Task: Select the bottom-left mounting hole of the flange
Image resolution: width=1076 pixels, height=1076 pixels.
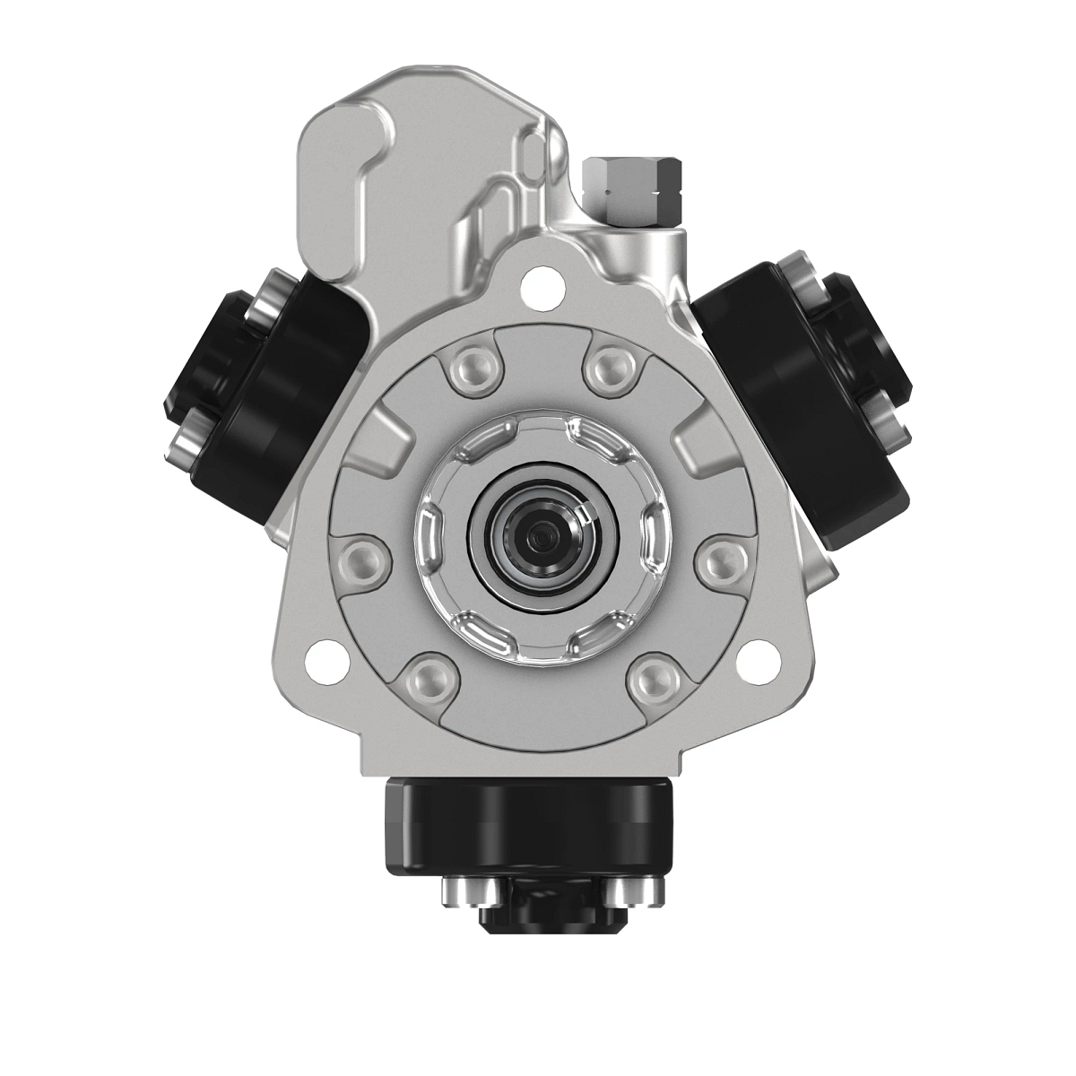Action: tap(317, 661)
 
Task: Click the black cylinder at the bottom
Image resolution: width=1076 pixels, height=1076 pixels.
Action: tap(527, 829)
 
